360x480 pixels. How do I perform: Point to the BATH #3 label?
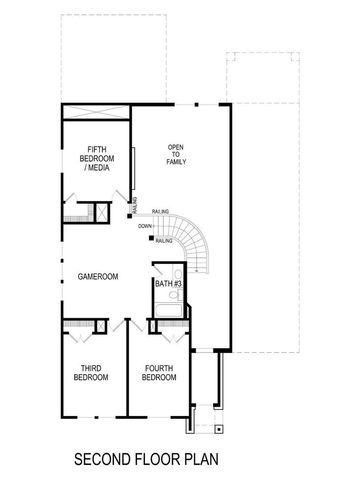coord(167,285)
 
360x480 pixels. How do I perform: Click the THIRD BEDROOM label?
coord(93,372)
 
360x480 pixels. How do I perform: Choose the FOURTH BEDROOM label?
coord(160,372)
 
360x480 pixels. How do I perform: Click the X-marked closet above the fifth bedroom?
coord(96,111)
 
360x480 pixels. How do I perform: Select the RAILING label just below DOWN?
coord(165,240)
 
